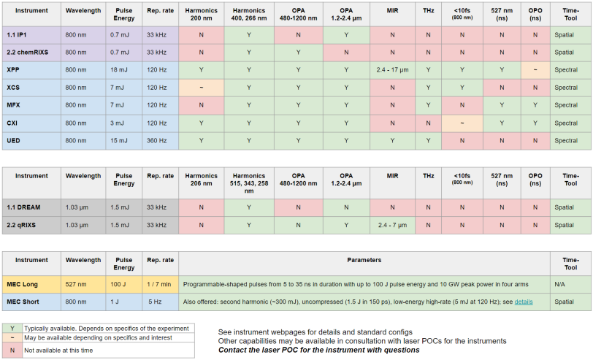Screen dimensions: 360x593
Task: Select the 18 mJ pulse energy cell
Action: pyautogui.click(x=121, y=69)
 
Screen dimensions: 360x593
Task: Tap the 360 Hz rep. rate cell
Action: pyautogui.click(x=158, y=140)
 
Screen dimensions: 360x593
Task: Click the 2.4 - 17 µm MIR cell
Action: pyautogui.click(x=393, y=69)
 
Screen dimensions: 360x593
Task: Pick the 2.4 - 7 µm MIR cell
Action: pyautogui.click(x=393, y=225)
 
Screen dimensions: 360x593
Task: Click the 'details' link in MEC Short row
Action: pyautogui.click(x=524, y=301)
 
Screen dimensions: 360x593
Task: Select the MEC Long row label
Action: pyautogui.click(x=22, y=283)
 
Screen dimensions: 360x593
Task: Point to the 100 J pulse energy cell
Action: pyautogui.click(x=121, y=283)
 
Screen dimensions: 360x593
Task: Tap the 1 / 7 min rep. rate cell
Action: pyautogui.click(x=159, y=283)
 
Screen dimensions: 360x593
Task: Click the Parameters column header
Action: pyautogui.click(x=364, y=260)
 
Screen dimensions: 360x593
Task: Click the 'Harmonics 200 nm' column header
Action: pyautogui.click(x=201, y=16)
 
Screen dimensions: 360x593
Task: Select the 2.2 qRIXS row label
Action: pyautogui.click(x=22, y=225)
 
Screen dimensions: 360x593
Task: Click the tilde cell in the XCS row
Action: pyautogui.click(x=201, y=87)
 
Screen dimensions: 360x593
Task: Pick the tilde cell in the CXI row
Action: pyautogui.click(x=462, y=123)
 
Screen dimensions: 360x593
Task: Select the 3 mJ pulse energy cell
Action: pyautogui.click(x=121, y=123)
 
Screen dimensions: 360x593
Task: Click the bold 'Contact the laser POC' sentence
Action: pyautogui.click(x=318, y=350)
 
